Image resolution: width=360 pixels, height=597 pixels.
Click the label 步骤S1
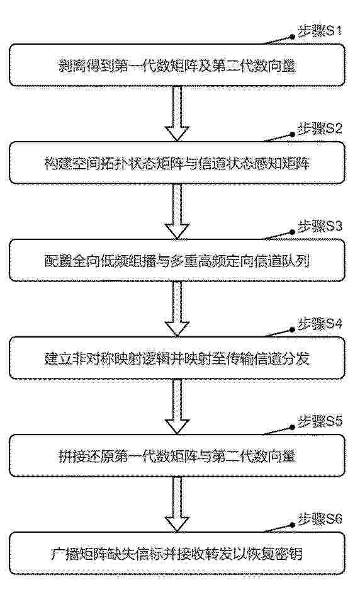320,31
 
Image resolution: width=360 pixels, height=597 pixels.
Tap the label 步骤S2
320,129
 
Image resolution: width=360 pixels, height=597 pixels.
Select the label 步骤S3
320,226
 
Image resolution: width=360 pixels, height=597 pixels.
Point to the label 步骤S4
320,324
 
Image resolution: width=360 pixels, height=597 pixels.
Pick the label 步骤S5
320,421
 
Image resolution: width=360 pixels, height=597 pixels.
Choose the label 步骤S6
320,520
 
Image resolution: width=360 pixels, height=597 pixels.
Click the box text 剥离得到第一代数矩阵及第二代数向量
177,66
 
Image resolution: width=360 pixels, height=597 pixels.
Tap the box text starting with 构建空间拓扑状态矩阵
177,164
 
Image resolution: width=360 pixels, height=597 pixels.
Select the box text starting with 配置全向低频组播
177,261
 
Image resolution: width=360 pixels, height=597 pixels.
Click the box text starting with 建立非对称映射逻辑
177,359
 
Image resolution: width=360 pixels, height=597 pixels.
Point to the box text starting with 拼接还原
177,457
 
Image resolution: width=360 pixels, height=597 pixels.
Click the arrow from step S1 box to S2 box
177,113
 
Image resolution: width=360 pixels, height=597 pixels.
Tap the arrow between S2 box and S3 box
177,212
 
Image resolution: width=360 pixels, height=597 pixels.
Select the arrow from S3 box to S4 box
177,309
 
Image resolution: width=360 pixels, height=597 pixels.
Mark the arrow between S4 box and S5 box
177,406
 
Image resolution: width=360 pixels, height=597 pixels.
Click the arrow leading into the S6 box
177,504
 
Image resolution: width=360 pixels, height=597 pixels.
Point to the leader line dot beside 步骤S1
293,37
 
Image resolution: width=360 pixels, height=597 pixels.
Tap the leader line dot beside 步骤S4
293,329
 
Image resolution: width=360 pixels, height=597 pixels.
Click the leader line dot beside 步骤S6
293,525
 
